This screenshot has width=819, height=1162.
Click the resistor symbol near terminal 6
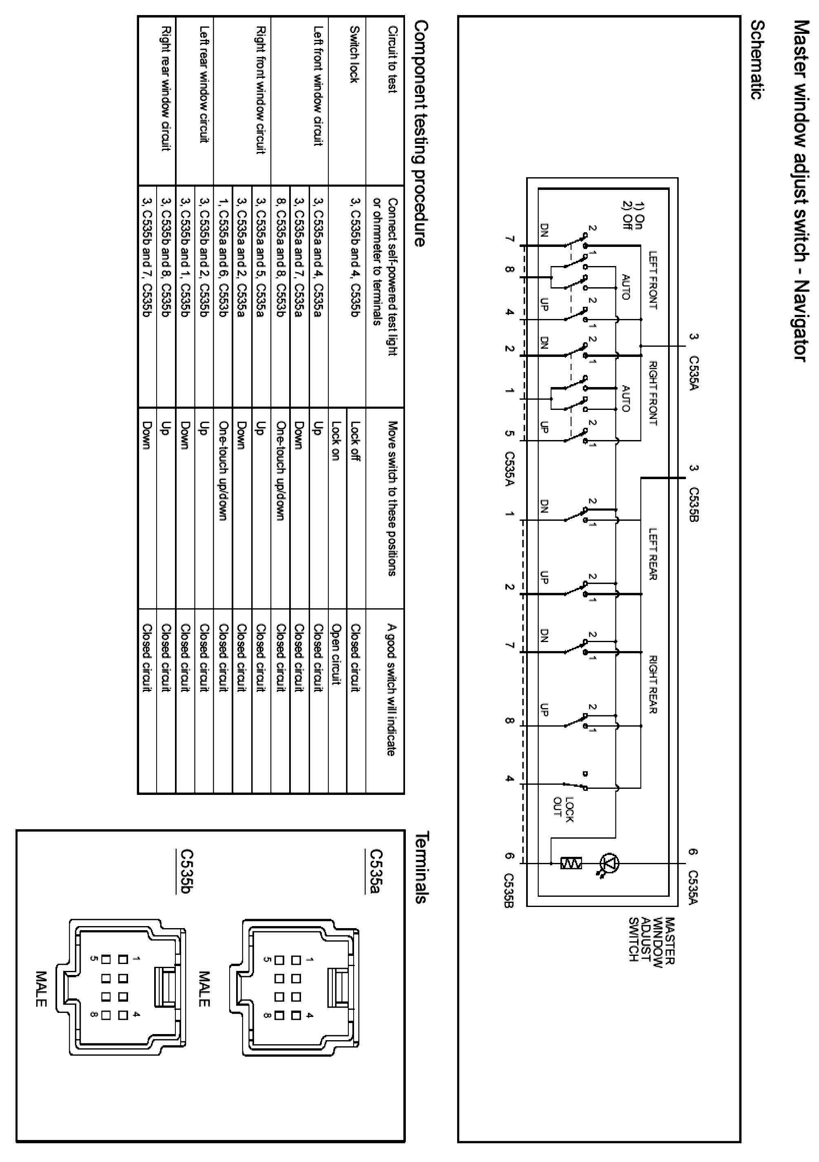point(571,863)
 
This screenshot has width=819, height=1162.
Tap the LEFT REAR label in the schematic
point(653,554)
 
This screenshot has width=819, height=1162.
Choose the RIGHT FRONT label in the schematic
point(653,393)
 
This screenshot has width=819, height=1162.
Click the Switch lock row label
point(354,61)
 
